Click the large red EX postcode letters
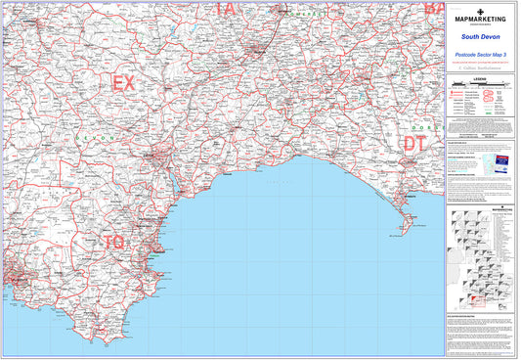coord(124,83)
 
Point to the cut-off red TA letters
coord(226,7)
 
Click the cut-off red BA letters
coord(432,7)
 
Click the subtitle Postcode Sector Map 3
coord(478,55)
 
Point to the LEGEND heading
coord(478,75)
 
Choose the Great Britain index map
coord(479,259)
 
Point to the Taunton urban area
coord(257,48)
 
